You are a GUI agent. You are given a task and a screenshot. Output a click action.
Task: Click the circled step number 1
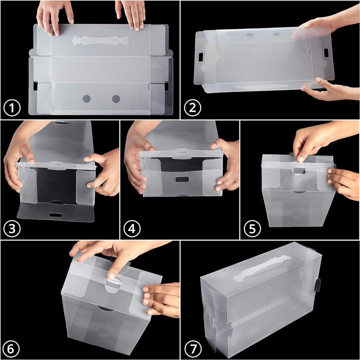tap(12, 107)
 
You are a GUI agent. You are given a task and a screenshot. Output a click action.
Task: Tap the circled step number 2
tap(192, 107)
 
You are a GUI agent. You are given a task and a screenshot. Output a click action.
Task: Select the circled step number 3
tap(12, 228)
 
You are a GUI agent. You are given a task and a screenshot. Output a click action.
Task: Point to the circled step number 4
tap(132, 228)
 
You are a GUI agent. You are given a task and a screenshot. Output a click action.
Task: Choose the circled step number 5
tap(252, 228)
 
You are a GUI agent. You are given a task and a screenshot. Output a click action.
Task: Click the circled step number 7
tap(193, 349)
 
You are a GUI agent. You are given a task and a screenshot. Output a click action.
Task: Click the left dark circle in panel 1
tap(86, 99)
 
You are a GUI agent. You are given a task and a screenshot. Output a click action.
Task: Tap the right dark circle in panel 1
tap(116, 99)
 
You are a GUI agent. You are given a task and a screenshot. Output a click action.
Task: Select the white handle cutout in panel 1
tap(100, 40)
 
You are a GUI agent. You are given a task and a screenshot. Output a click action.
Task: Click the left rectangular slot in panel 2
tap(200, 57)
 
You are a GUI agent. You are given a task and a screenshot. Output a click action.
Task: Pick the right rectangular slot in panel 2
tap(326, 53)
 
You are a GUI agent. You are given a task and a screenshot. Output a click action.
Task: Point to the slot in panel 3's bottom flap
tap(56, 215)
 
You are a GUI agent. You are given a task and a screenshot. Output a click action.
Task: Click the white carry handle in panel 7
tap(262, 268)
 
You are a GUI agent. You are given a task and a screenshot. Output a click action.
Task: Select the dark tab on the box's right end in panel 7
tap(317, 285)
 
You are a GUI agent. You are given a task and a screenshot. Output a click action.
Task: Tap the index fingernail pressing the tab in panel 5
tap(300, 159)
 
